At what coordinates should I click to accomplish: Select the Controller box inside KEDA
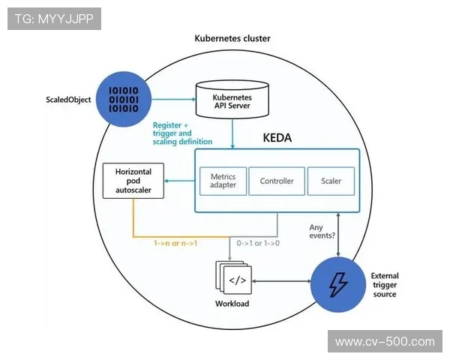[x=277, y=181]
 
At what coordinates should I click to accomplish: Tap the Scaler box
[x=331, y=181]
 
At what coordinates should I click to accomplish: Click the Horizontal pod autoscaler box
[x=133, y=181]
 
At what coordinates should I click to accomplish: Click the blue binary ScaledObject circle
[x=124, y=97]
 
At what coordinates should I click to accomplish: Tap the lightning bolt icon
[x=338, y=283]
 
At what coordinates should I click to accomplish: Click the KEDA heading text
[x=277, y=138]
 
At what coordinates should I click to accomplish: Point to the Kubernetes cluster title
[x=232, y=38]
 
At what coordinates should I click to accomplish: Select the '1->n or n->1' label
[x=175, y=243]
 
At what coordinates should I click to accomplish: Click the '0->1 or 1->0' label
[x=258, y=243]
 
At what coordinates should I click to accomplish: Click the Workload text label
[x=231, y=304]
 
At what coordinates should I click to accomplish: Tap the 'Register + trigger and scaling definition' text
[x=182, y=133]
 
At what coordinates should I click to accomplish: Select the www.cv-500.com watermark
[x=384, y=342]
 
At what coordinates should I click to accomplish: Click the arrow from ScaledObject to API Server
[x=172, y=97]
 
